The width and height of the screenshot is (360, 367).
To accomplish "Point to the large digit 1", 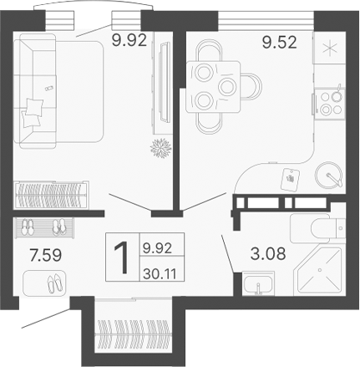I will point(121,257).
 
